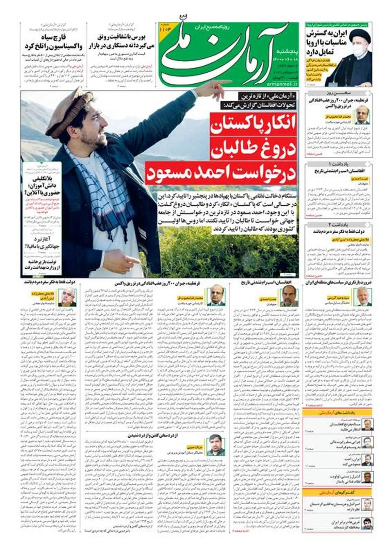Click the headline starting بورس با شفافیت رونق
coord(122,42)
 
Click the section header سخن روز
coord(339,93)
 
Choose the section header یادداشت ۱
coord(339,164)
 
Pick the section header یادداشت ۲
coord(339,225)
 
